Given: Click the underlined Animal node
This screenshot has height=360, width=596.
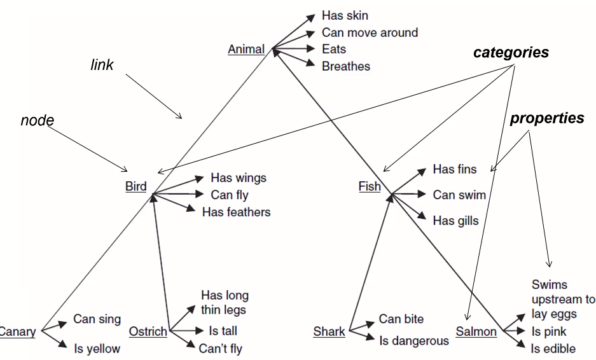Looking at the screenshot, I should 246,49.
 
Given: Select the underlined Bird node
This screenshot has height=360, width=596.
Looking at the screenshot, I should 135,186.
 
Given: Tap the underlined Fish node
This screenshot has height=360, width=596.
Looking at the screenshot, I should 370,186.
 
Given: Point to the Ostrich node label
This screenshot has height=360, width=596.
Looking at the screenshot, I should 148,331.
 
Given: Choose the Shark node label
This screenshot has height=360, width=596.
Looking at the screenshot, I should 329,331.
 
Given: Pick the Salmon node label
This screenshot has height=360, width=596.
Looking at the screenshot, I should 476,331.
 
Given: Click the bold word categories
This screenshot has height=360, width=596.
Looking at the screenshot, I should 511,53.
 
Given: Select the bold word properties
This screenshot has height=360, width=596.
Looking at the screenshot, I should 547,118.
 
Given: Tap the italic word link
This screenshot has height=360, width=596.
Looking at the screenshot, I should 102,65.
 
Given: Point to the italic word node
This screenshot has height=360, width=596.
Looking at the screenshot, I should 38,120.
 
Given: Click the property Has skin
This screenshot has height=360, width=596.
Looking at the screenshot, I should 345,15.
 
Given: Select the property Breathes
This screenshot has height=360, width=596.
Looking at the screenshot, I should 345,66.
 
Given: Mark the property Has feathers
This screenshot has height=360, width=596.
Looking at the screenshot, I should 236,212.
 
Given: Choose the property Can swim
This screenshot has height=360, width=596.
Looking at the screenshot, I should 459,195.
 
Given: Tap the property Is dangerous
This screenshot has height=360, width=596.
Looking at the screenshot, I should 413,341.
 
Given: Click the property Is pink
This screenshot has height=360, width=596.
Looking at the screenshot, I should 548,331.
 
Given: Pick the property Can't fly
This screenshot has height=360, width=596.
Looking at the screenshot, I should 220,348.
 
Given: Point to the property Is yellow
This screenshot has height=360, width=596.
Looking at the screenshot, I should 97,348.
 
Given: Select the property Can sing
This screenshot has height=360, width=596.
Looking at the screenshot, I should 97,319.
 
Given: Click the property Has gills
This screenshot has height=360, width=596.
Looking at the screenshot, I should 455,221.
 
